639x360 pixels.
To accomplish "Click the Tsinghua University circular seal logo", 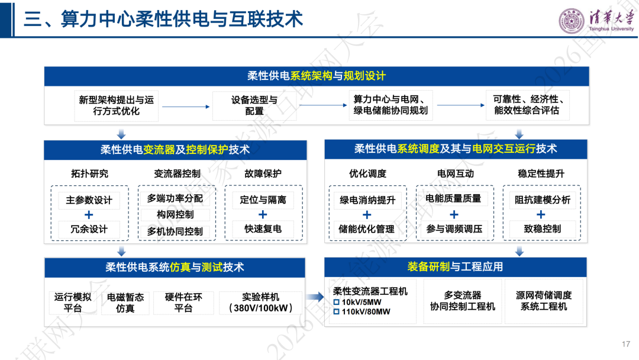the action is click(x=572, y=20).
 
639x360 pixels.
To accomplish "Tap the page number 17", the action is click(x=626, y=344).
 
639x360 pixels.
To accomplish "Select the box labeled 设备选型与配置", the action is click(x=254, y=105).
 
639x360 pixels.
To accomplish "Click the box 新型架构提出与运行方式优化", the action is click(x=116, y=105).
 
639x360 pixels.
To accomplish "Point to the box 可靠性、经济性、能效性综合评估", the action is click(x=528, y=105).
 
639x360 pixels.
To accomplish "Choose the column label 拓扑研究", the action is click(x=90, y=173).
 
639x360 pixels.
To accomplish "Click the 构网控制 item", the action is click(x=175, y=215).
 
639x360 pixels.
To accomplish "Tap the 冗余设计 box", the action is click(x=89, y=229).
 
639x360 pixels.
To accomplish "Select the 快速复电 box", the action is click(x=263, y=229).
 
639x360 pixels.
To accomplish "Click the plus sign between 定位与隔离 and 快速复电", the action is click(x=263, y=214).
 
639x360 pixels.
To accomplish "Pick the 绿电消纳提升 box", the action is click(x=367, y=200).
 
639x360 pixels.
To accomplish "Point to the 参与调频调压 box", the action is click(x=454, y=229).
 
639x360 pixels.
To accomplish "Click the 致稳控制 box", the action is click(x=543, y=229).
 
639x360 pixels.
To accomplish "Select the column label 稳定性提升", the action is click(x=541, y=173).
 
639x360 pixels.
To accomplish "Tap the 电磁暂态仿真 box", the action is click(x=125, y=303).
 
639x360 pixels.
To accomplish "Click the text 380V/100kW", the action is click(x=262, y=308).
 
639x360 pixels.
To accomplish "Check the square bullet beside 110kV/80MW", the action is click(x=337, y=312).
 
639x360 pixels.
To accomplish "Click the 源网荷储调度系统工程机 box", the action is click(x=544, y=301).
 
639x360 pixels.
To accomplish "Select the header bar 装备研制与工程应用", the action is click(x=456, y=267).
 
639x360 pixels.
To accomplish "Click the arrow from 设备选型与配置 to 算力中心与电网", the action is click(x=323, y=105).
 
